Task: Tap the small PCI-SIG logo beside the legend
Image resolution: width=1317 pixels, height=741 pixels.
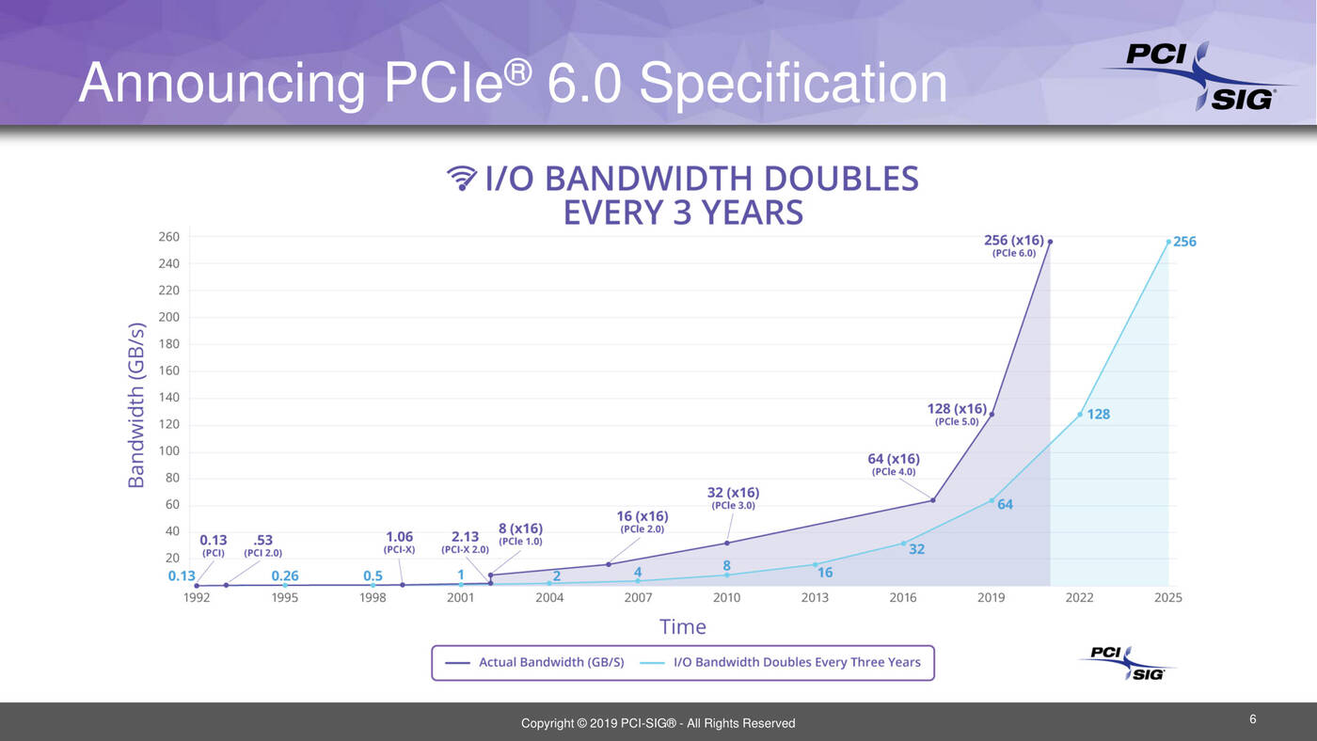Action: tap(1127, 662)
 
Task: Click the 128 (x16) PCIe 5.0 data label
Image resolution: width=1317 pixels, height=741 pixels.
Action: tap(957, 414)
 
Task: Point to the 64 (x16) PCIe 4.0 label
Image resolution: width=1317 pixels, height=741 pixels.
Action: tap(893, 465)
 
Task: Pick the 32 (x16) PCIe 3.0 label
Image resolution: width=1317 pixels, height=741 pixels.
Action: tap(733, 497)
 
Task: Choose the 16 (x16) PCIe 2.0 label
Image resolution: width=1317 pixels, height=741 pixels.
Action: tap(643, 521)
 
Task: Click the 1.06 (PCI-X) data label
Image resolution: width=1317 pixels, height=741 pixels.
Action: tap(399, 542)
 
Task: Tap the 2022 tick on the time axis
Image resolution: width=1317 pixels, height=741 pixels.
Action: tap(1079, 597)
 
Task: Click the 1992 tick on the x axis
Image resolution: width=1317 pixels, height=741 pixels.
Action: tap(197, 597)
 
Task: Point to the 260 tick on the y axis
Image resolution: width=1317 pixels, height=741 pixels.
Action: tap(168, 237)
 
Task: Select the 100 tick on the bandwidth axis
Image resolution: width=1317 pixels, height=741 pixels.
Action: tap(168, 451)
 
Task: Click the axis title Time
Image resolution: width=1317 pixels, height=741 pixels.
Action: tap(683, 626)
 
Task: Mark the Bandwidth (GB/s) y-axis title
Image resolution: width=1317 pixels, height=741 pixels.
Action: tap(137, 405)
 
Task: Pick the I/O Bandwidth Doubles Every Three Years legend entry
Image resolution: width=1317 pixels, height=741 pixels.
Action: tap(797, 662)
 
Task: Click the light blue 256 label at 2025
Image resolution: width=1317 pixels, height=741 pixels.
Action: tap(1184, 242)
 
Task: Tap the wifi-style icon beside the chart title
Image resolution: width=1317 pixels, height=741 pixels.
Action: tap(462, 178)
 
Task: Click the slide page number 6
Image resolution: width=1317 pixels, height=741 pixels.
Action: tap(1253, 719)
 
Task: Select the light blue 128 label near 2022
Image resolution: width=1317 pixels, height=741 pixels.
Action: tap(1098, 414)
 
